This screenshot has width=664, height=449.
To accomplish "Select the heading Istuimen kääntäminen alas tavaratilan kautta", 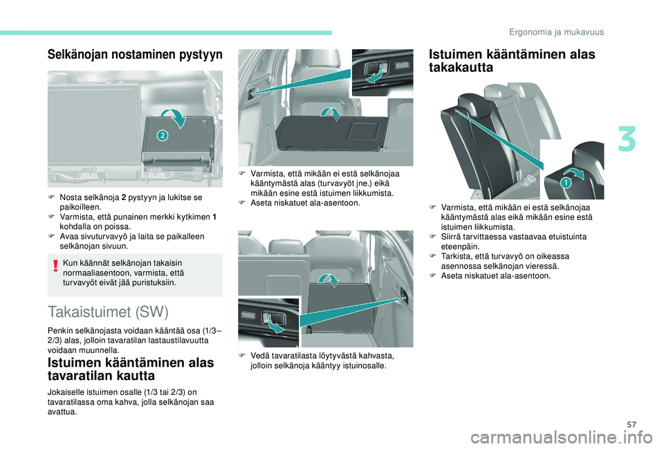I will (x=131, y=369).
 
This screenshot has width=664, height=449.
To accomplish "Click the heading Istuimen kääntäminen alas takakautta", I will (x=512, y=61).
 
